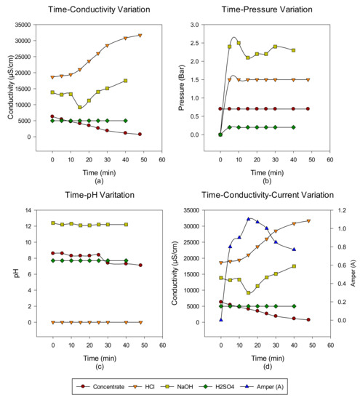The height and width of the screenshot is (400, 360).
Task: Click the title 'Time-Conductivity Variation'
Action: pyautogui.click(x=90, y=9)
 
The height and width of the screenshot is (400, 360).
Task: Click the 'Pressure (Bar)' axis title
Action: pyautogui.click(x=191, y=87)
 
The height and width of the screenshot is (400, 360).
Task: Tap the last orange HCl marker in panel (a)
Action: pyautogui.click(x=140, y=35)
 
